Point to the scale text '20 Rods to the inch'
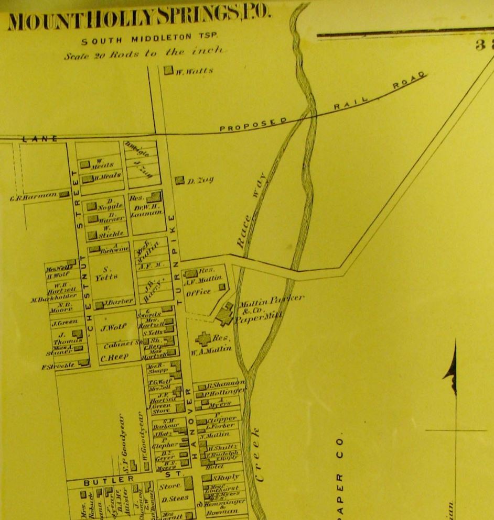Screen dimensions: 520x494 tap(144, 53)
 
